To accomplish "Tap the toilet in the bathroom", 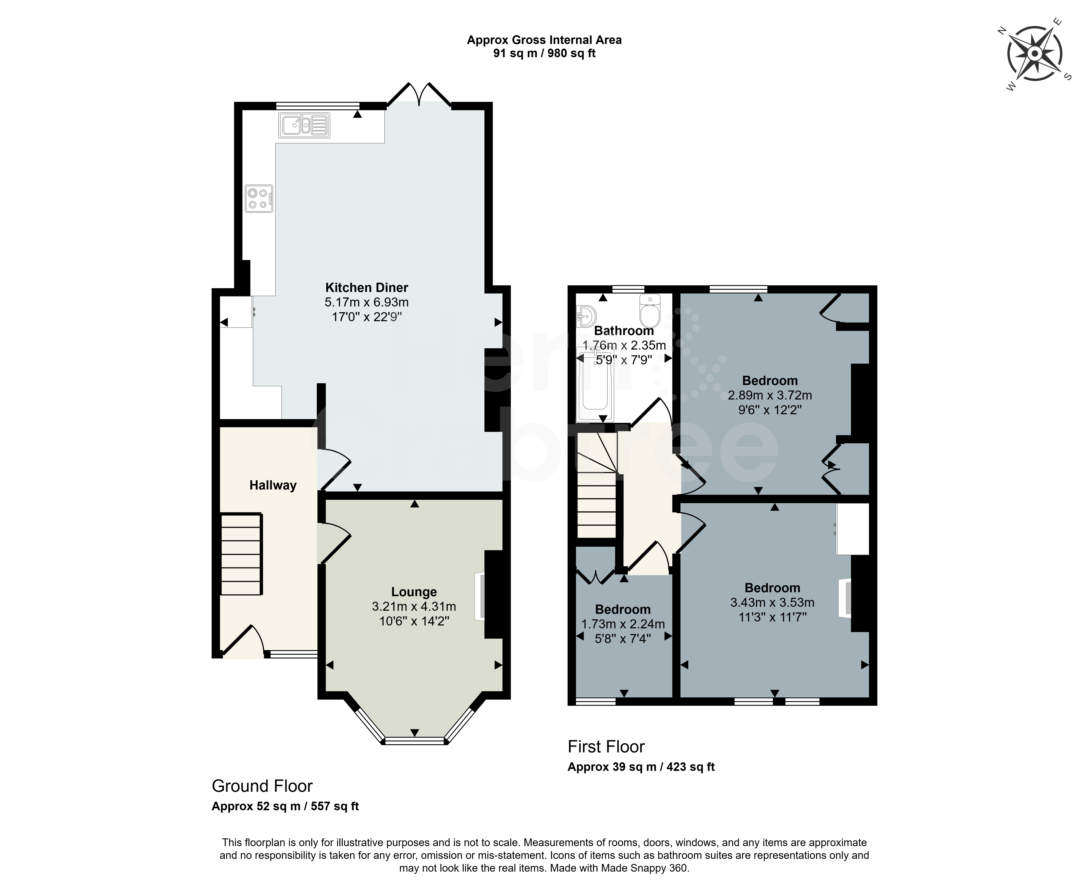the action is [x=650, y=311].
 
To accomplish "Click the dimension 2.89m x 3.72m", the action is [x=770, y=395].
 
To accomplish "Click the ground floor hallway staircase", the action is [x=241, y=554].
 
